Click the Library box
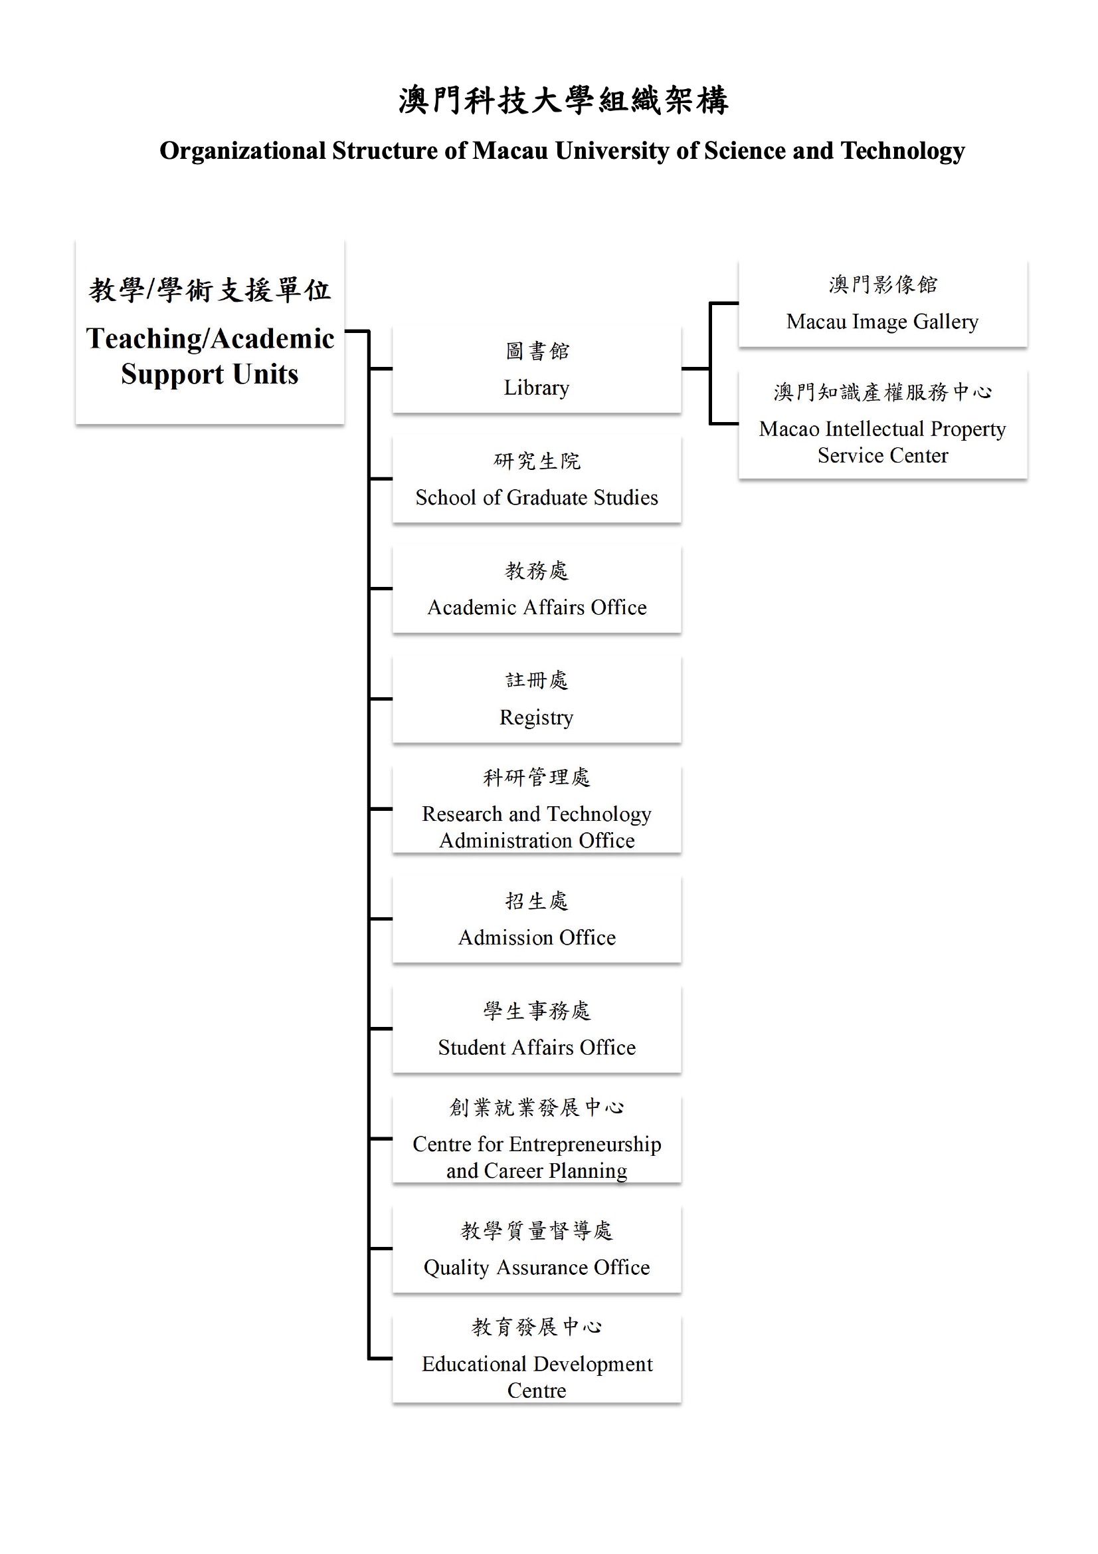coord(537,369)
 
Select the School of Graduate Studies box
coord(537,479)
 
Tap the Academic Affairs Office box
coord(537,589)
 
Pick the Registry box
coord(537,699)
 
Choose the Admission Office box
coord(537,919)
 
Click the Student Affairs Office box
coord(537,1029)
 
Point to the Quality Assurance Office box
coord(537,1249)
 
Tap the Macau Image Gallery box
coord(883,303)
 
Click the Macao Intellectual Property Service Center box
coord(883,424)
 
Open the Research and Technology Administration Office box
coord(537,809)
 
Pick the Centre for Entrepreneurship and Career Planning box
coord(537,1139)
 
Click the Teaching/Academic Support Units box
coord(210,332)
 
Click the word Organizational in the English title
coord(243,151)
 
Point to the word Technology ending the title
coord(903,151)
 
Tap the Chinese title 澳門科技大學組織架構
coord(563,101)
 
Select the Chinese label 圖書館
coord(537,350)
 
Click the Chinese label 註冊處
coord(537,680)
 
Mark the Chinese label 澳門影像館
coord(883,284)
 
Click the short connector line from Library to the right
coord(695,369)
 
